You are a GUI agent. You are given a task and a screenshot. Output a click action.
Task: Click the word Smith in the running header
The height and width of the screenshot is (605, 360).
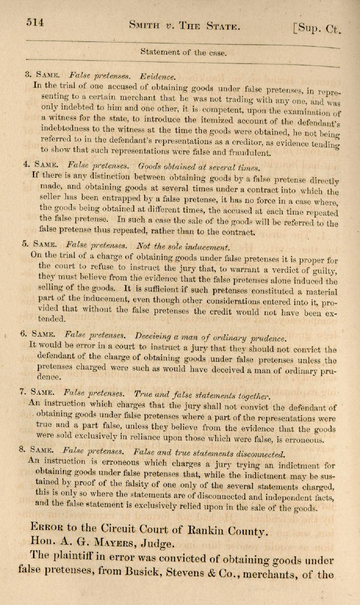(147, 26)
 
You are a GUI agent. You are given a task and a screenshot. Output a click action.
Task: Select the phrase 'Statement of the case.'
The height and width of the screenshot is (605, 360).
(183, 52)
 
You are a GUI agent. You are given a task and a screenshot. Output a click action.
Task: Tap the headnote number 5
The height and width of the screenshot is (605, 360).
(25, 244)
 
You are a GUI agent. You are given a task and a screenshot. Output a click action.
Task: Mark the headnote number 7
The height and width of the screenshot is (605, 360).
(21, 391)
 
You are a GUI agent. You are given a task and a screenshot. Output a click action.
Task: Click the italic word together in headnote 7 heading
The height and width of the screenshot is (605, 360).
(250, 395)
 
